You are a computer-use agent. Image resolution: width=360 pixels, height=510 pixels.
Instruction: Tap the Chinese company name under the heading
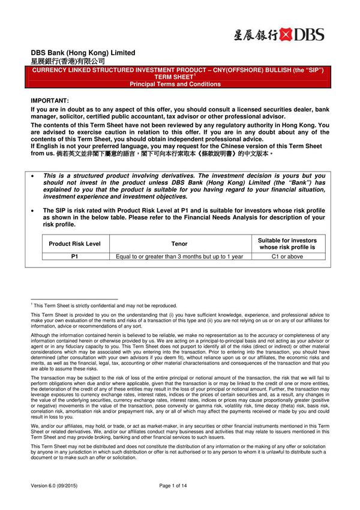click(x=68, y=61)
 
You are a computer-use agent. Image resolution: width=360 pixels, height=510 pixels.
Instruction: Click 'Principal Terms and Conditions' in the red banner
click(x=175, y=84)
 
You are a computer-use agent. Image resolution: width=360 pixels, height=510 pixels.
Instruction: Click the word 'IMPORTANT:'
click(x=50, y=100)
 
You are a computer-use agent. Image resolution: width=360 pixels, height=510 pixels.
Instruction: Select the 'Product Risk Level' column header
click(x=75, y=244)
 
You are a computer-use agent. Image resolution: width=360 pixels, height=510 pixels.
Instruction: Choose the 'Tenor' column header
click(x=179, y=244)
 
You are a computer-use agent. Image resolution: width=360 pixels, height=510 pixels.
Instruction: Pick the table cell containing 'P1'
click(x=75, y=256)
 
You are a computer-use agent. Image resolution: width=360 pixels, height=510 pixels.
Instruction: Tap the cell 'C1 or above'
click(x=287, y=256)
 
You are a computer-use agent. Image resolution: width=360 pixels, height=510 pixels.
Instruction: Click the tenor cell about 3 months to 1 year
click(x=179, y=256)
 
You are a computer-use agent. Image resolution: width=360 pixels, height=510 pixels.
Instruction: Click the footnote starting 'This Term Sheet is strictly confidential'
click(x=105, y=305)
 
